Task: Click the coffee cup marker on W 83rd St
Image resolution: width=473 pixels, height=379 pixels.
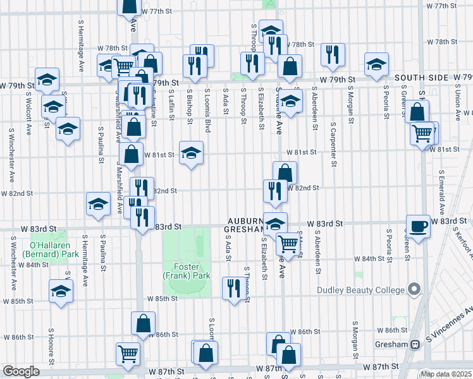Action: (x=418, y=226)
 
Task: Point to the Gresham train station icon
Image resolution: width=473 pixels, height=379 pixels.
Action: (x=415, y=345)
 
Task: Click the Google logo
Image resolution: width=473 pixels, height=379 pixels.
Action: (x=21, y=371)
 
